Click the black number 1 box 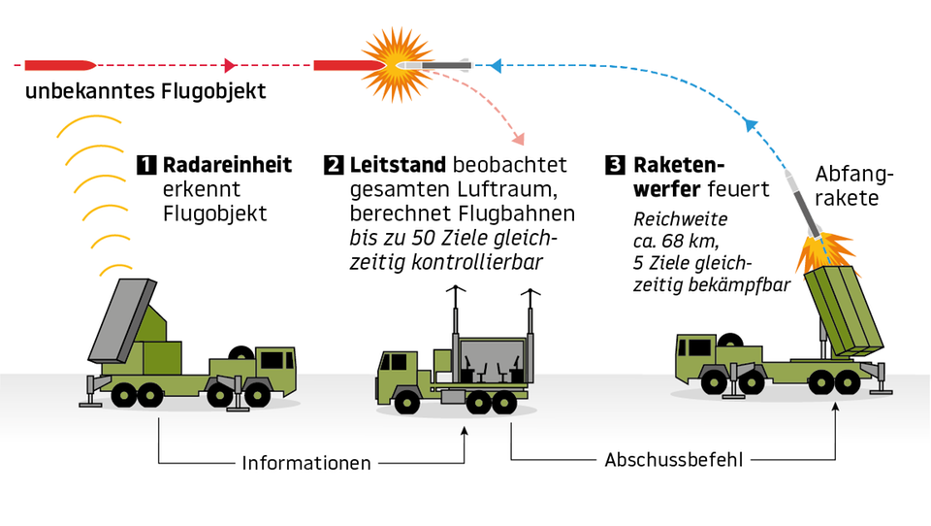146,165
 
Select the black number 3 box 615,165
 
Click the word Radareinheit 227,165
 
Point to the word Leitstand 398,165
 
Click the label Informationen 306,463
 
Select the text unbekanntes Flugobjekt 145,93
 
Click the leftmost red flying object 59,65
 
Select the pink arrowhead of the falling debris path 519,140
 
